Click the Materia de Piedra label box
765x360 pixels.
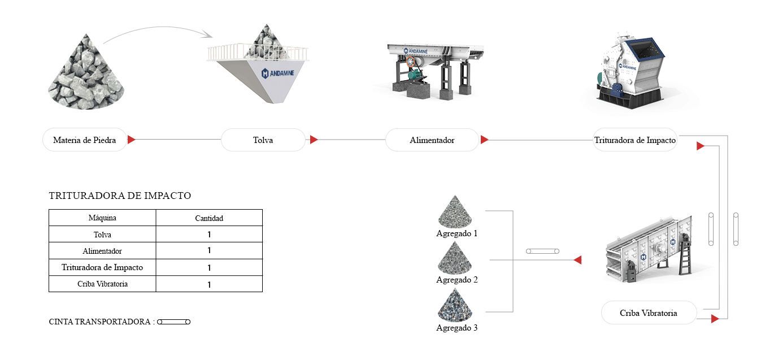coord(85,140)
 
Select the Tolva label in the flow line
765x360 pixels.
coord(263,140)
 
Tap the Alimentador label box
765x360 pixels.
coord(432,140)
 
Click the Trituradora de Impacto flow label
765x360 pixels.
coord(635,140)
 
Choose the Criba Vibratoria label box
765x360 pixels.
coord(649,313)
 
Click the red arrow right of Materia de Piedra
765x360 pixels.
coord(132,140)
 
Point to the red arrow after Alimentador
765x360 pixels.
coord(484,140)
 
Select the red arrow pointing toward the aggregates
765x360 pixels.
coord(578,260)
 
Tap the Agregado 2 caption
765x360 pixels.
coord(457,280)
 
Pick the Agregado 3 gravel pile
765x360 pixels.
coord(455,305)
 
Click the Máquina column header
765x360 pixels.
coord(102,218)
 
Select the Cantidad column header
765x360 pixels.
coord(209,218)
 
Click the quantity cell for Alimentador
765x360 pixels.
coord(209,251)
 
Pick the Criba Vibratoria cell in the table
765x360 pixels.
coord(102,284)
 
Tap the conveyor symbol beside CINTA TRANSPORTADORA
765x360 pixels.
coord(174,322)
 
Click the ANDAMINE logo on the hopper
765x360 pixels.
coord(277,73)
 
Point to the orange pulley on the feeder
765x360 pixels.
coord(411,62)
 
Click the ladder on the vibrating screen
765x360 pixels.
coord(685,255)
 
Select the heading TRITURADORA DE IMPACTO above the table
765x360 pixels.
coord(120,196)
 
